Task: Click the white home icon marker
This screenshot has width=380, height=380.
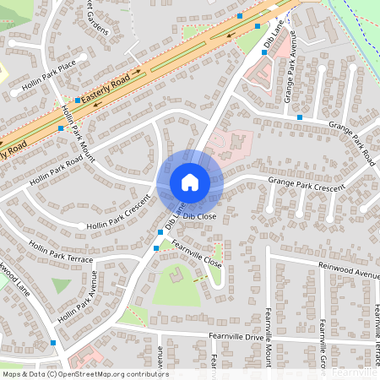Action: pos(190,182)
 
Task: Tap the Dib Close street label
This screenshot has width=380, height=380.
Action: pos(200,216)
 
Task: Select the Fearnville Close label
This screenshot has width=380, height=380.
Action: pos(197,253)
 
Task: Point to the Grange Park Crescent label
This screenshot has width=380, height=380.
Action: pos(307,182)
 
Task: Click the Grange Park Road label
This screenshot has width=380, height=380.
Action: pos(351,142)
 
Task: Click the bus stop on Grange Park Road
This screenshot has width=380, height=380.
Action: pos(300,117)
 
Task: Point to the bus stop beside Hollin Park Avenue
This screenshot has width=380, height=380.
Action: pos(53,343)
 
